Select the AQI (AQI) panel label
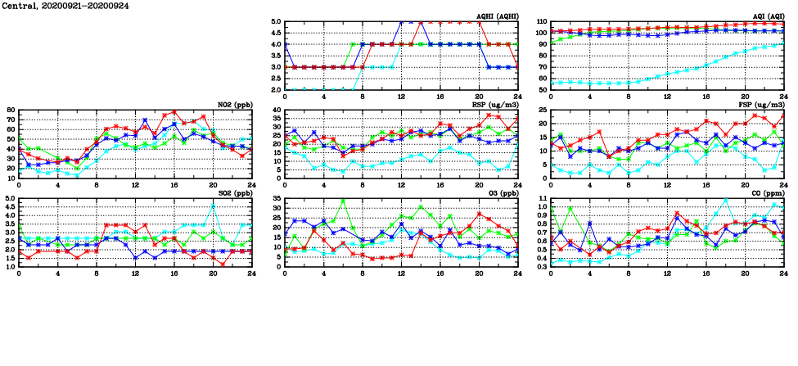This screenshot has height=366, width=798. pyautogui.click(x=768, y=16)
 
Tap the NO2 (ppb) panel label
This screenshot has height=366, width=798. pyautogui.click(x=235, y=105)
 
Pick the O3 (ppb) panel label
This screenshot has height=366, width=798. pyautogui.click(x=501, y=193)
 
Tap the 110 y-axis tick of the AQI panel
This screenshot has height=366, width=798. pyautogui.click(x=540, y=22)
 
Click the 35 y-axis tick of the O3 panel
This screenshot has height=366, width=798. pyautogui.click(x=277, y=199)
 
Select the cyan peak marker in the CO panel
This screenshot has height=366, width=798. pyautogui.click(x=725, y=200)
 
